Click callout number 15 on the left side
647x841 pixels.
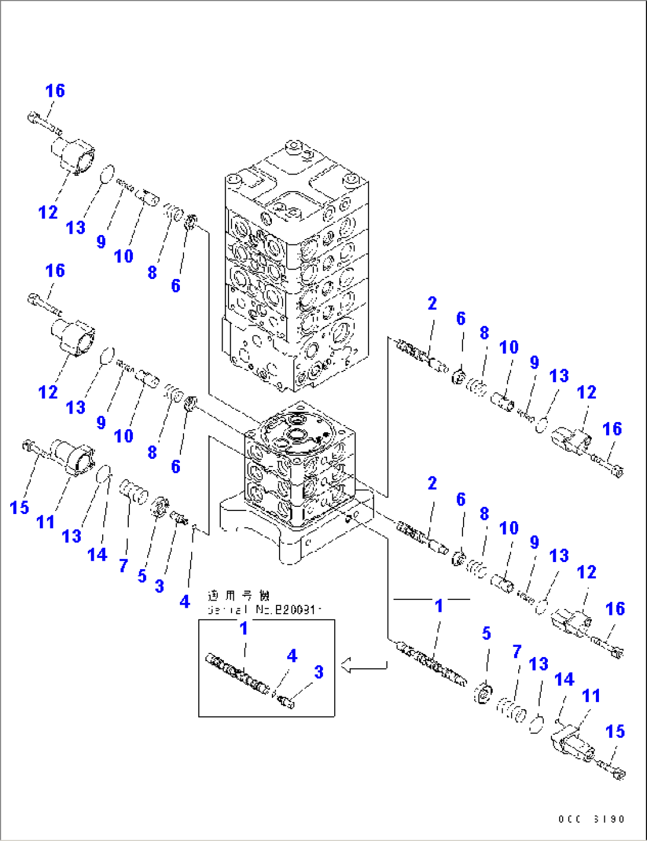click(x=19, y=507)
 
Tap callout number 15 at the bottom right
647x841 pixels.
click(x=615, y=731)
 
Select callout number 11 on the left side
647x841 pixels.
click(x=46, y=522)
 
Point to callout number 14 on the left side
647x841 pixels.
click(x=97, y=554)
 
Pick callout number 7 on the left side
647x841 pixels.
click(x=123, y=565)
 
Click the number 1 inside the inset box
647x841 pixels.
click(x=243, y=628)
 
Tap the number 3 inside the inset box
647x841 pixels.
click(x=318, y=672)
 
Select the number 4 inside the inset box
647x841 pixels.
click(x=291, y=656)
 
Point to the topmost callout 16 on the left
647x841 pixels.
click(x=55, y=91)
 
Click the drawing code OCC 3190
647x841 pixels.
click(x=591, y=819)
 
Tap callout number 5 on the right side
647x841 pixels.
click(x=486, y=633)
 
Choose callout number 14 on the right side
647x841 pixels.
click(x=564, y=679)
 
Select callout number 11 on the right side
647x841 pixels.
click(x=591, y=696)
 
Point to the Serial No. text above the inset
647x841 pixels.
click(x=264, y=610)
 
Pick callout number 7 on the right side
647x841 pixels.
click(x=516, y=652)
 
